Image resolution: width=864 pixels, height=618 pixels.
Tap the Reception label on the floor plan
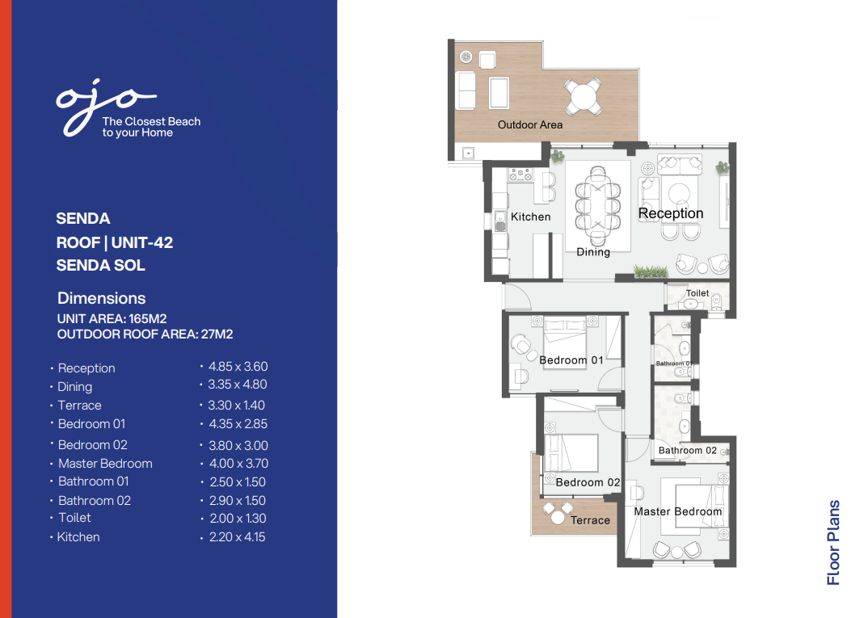[x=671, y=214]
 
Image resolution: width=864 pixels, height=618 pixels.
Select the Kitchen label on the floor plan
[x=531, y=217]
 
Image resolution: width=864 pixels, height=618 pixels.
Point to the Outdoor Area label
[x=530, y=125]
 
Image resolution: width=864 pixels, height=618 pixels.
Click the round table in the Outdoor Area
[x=583, y=97]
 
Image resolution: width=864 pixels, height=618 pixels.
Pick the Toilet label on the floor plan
[x=698, y=293]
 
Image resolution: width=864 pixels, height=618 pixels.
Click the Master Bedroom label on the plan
[x=678, y=511]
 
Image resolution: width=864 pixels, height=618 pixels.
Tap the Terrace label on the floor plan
[x=590, y=520]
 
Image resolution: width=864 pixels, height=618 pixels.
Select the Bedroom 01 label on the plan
[x=571, y=360]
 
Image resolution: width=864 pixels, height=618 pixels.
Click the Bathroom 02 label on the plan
[x=688, y=451]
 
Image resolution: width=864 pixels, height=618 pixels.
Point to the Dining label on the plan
[x=593, y=252]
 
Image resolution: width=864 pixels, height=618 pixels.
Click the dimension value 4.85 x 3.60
[x=238, y=366]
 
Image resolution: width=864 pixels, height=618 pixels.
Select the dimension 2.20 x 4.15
[x=237, y=537]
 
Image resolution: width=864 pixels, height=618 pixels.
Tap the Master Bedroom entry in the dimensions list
[x=105, y=464]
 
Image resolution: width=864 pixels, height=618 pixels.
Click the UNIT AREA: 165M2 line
[x=112, y=319]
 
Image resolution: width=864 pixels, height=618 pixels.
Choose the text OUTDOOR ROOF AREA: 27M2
[x=145, y=334]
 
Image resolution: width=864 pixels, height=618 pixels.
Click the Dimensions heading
[x=101, y=299]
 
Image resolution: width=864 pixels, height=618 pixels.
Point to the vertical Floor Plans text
[x=833, y=543]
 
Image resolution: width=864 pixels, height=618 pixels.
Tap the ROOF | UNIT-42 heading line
[x=115, y=243]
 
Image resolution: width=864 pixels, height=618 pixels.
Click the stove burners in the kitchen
[x=521, y=174]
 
